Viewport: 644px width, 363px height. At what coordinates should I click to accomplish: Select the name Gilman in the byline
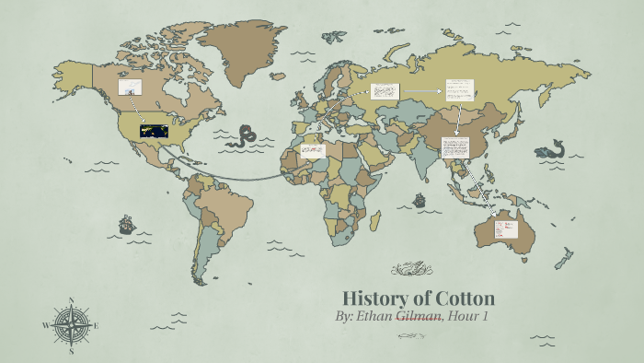click(420, 317)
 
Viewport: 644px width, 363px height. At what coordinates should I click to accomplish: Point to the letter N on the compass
click(72, 300)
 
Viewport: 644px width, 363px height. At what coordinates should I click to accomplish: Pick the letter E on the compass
click(96, 325)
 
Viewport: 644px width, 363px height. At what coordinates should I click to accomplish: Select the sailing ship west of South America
click(126, 224)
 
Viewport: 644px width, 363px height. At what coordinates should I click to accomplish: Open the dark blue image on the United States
click(153, 132)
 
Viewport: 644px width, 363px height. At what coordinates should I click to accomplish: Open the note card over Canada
click(130, 87)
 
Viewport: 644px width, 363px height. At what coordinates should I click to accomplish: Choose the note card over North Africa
click(313, 149)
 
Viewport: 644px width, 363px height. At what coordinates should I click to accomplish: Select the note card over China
click(455, 147)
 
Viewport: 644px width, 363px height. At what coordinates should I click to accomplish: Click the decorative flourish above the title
click(411, 269)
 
